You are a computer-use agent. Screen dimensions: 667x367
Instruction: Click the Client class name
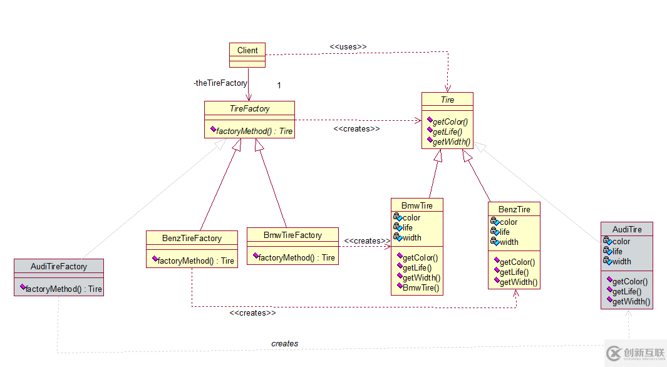247,50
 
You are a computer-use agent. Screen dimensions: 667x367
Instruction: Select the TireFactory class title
249,108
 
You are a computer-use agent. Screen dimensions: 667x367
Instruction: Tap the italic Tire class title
447,100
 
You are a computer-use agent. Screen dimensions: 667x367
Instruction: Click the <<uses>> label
348,46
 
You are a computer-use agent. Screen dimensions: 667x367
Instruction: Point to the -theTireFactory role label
220,83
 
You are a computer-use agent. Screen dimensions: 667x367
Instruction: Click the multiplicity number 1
279,85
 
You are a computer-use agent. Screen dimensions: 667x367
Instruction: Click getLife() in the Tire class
447,132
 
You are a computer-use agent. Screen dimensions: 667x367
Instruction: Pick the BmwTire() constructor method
420,288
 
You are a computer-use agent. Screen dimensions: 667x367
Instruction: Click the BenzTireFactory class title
192,238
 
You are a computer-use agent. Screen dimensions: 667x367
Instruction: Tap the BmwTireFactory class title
292,235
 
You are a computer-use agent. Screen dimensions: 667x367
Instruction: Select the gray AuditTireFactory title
59,266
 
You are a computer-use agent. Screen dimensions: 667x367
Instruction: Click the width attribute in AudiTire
621,262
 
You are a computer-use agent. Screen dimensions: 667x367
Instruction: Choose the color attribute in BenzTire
509,222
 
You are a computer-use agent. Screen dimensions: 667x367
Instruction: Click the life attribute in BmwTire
408,228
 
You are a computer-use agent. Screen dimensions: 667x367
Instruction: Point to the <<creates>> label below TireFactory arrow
356,128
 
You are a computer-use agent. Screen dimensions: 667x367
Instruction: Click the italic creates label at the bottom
284,343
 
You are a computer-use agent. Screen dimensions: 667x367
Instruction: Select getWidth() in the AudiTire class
631,302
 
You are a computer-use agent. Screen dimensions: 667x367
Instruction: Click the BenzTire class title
514,209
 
